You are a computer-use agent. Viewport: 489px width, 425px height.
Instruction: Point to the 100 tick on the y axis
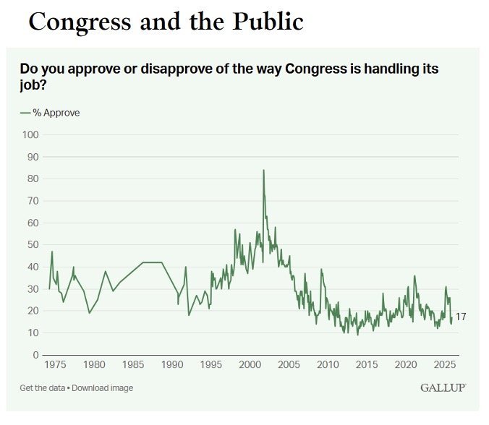[30, 134]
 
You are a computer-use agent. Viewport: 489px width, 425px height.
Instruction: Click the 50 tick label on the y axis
[32, 245]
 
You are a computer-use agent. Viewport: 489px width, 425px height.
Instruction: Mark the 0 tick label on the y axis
[35, 355]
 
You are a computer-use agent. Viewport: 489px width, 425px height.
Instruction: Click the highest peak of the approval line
[263, 171]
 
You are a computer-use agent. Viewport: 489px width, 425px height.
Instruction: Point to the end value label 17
[461, 317]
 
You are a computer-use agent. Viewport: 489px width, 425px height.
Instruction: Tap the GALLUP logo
[443, 388]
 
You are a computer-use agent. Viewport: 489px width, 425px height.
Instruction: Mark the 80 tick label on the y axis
[32, 179]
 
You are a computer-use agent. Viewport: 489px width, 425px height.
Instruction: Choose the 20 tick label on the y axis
[32, 311]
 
